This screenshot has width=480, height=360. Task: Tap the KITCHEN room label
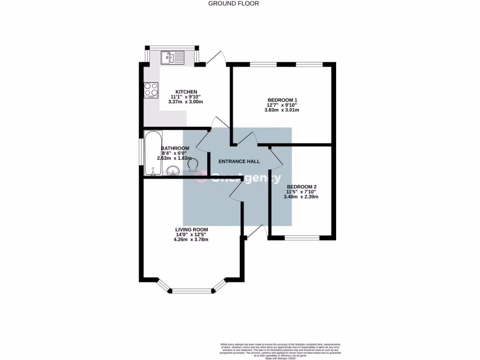pos(186,91)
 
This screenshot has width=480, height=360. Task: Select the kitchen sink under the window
pos(173,58)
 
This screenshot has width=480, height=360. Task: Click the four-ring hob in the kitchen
pos(151,89)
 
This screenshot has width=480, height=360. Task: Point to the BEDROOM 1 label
pos(282,100)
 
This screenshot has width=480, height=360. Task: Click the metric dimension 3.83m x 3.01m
pos(282,110)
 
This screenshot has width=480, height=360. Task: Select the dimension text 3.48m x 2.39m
pos(301,197)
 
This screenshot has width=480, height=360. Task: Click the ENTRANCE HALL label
pos(239,161)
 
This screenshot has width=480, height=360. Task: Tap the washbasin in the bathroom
pos(173,171)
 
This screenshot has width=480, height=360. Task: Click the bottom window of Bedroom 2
pos(302,238)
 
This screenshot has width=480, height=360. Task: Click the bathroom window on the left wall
pos(141,151)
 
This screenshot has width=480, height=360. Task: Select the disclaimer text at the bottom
pos(281,351)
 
